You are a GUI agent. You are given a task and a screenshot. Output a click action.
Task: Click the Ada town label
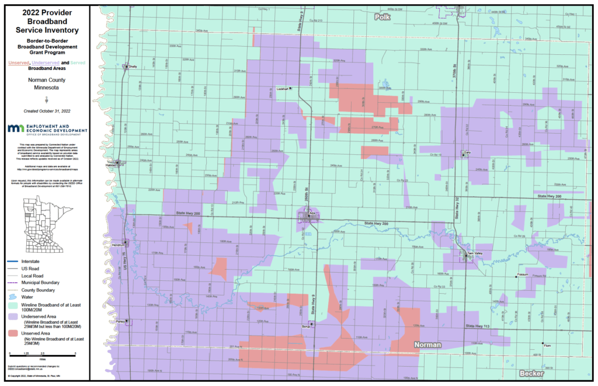click(x=312, y=214)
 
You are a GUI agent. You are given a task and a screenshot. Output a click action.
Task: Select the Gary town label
click(x=467, y=152)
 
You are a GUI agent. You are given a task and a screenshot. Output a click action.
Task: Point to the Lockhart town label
click(x=283, y=89)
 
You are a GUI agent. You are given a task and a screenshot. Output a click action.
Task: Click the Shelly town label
click(x=133, y=67)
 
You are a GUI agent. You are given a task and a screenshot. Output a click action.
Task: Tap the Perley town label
click(x=120, y=321)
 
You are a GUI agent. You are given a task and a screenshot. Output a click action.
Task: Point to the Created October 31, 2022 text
click(x=46, y=110)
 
